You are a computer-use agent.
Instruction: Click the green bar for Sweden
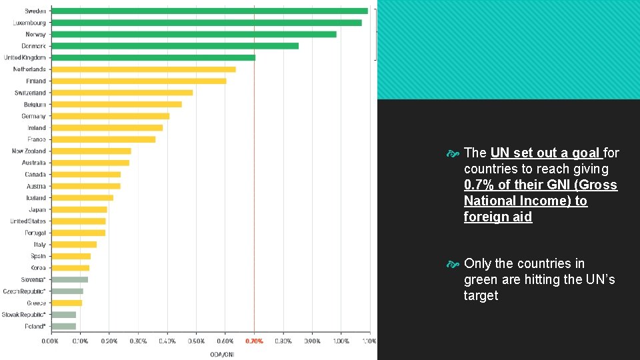(209, 11)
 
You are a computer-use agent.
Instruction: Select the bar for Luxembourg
(207, 23)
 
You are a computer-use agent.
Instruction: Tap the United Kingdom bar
(153, 57)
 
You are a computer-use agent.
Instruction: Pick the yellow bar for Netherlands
(143, 69)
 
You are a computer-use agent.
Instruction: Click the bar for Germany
(110, 116)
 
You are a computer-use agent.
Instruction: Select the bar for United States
(79, 221)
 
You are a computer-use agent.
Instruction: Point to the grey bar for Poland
(63, 326)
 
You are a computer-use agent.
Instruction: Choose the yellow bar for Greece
(67, 303)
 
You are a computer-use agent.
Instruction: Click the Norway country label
(35, 34)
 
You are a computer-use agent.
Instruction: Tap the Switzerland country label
(30, 93)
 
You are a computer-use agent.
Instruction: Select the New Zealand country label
(29, 151)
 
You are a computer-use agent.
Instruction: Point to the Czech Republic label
(24, 291)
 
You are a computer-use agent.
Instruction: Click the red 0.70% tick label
(254, 341)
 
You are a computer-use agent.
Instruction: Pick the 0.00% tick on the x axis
(51, 341)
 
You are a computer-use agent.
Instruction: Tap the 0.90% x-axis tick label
(312, 341)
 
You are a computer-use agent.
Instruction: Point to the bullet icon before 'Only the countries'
(454, 265)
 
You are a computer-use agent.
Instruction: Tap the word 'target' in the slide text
(481, 295)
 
